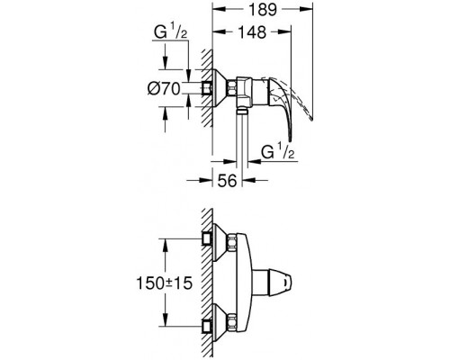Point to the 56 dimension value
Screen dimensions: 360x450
coord(231,181)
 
